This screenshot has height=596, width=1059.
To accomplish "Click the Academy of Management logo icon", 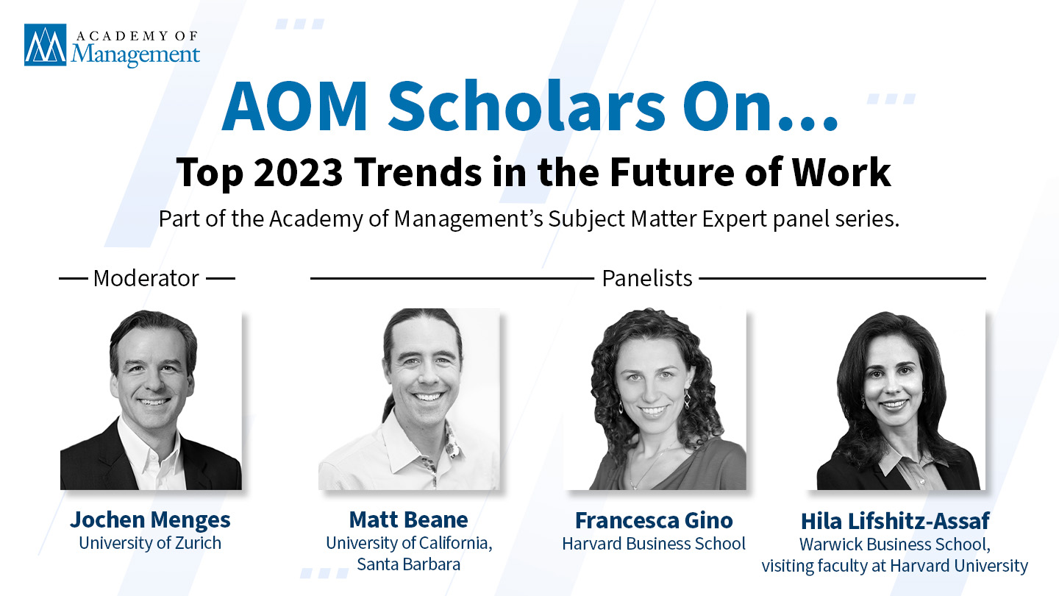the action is coord(46,45).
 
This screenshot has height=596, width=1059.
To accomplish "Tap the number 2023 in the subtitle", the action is coord(298,173).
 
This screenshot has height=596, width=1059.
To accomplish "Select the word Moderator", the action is coord(146,278).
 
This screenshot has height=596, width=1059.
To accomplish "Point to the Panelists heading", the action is coord(647,278).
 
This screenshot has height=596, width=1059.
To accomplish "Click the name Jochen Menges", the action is coord(150,519).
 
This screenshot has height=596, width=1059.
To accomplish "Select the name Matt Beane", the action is coord(408,519).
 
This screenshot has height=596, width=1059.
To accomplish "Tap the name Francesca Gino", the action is coord(655,521).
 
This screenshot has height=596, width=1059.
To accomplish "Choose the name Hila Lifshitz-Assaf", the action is coord(895,521).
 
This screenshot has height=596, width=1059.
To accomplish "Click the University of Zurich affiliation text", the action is coord(150,543).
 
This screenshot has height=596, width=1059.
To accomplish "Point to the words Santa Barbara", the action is coord(408,564).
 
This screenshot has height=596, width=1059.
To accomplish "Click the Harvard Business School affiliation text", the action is coord(654,544).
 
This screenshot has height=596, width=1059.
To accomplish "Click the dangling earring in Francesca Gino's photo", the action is coord(686,400).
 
